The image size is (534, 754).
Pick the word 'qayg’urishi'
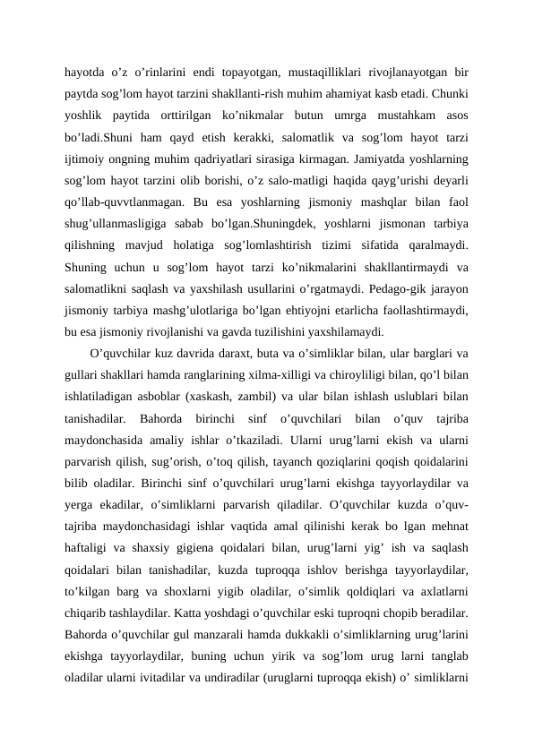click(x=385, y=189)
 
